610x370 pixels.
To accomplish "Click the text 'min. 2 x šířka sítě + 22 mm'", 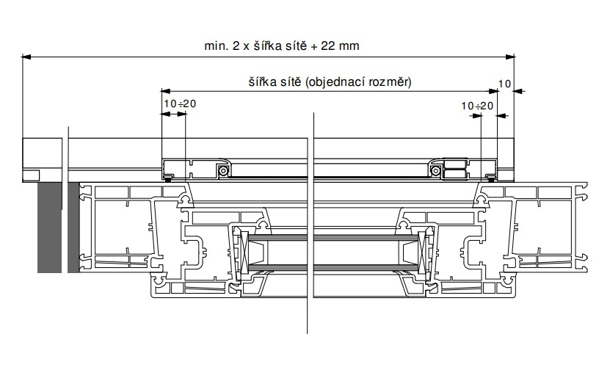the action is [x=282, y=46].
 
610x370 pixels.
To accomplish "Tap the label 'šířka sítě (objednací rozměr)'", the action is [x=330, y=81].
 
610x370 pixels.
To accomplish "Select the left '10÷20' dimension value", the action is [x=180, y=104].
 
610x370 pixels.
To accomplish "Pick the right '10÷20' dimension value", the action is [x=477, y=106].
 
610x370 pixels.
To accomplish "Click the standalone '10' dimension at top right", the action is [x=504, y=84].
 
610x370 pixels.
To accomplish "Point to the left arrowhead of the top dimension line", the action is [x=26, y=57].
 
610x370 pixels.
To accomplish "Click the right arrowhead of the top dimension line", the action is [x=510, y=57].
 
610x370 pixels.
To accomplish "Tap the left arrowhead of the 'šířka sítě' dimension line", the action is [x=166, y=91].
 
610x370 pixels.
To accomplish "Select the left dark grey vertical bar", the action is [x=49, y=228].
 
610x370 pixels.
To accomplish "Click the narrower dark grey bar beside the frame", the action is [x=73, y=228].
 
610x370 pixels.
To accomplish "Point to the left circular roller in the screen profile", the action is [x=223, y=170].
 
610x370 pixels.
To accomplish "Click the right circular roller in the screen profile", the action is [x=435, y=170].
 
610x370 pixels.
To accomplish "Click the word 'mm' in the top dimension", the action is [x=349, y=46].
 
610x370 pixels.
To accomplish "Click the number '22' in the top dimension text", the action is [x=328, y=46].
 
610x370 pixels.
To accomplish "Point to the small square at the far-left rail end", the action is [x=31, y=176].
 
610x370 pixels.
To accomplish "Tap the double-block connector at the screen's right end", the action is [x=455, y=170].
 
